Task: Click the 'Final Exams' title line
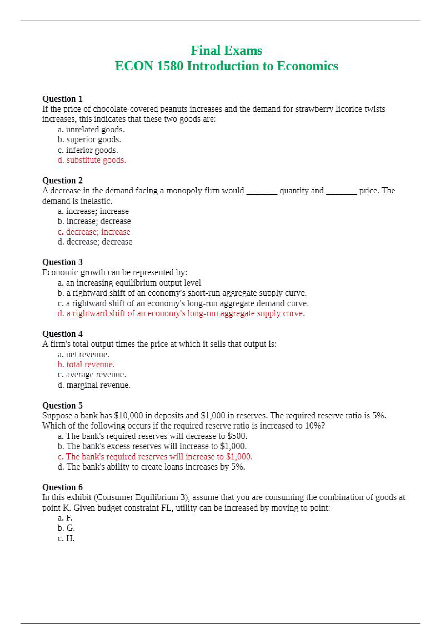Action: (x=226, y=50)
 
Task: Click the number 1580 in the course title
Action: (x=170, y=66)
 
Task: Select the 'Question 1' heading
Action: (x=62, y=99)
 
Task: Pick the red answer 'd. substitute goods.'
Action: (x=92, y=160)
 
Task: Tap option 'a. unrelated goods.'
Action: (x=91, y=130)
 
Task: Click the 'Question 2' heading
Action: (x=62, y=181)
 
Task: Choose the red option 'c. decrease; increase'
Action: (x=94, y=232)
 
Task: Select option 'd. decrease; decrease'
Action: (x=95, y=242)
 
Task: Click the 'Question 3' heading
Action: (x=62, y=262)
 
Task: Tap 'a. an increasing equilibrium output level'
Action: (x=129, y=283)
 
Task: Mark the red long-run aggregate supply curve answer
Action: (x=181, y=314)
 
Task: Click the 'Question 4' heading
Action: (x=62, y=334)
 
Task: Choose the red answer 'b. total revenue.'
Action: (x=86, y=365)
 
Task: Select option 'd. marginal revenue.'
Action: (x=94, y=385)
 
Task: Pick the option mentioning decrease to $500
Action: (x=152, y=436)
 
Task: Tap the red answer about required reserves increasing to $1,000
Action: (x=155, y=457)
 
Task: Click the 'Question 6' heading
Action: (x=62, y=487)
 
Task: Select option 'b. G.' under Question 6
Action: (x=66, y=528)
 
